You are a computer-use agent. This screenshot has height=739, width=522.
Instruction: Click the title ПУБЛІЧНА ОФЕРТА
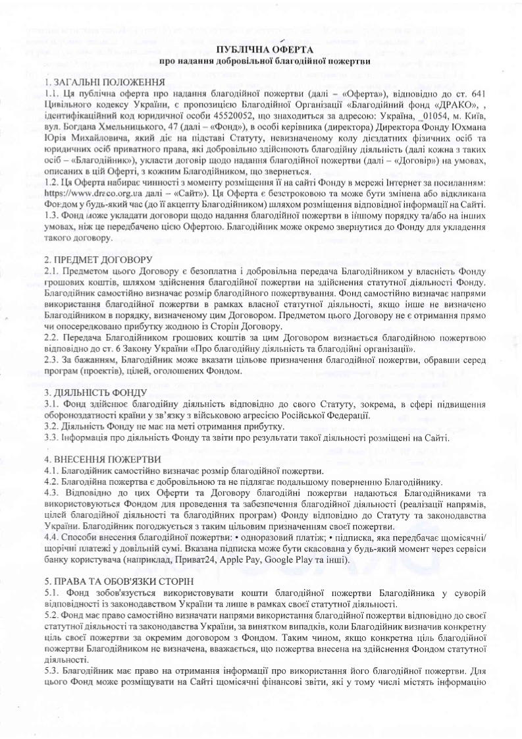[x=261, y=50]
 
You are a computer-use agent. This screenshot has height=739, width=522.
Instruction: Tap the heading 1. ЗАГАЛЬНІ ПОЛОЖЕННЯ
[x=104, y=82]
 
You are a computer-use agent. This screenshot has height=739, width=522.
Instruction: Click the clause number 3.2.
[x=52, y=426]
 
